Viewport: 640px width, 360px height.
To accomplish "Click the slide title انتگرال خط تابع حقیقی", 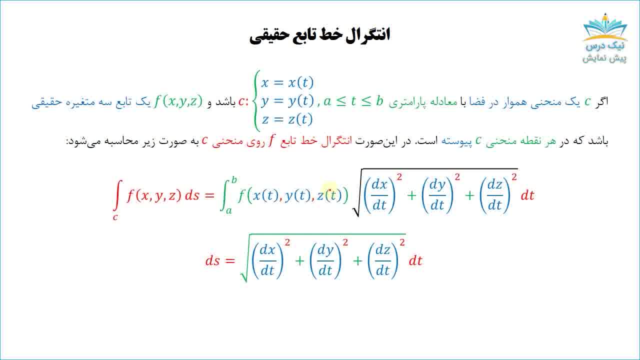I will [319, 35].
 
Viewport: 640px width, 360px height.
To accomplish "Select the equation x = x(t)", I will [287, 82].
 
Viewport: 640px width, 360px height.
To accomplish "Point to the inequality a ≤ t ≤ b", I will [353, 101].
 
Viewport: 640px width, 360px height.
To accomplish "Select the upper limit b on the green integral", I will [234, 180].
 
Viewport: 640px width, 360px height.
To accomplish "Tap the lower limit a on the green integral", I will [229, 210].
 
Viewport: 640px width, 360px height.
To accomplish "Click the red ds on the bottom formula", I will [213, 260].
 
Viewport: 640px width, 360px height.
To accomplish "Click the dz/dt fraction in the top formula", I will [494, 195].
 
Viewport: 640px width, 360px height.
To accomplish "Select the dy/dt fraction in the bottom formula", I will [325, 260].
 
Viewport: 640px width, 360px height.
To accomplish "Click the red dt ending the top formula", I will [527, 195].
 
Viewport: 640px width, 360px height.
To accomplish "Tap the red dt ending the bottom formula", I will [415, 260].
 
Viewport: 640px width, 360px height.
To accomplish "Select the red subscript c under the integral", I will [115, 217].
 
